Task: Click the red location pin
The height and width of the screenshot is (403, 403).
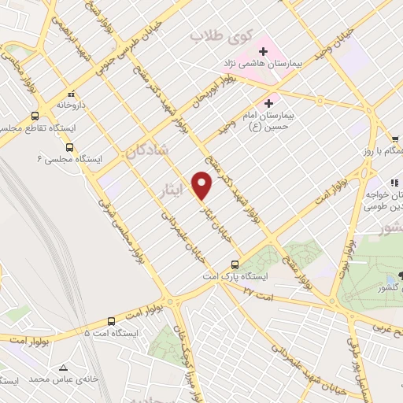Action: pos(203,186)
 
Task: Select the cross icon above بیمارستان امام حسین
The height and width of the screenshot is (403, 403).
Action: pos(269,102)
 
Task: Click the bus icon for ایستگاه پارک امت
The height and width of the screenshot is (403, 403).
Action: pos(234,264)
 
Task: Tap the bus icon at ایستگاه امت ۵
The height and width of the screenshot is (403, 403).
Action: pos(111,321)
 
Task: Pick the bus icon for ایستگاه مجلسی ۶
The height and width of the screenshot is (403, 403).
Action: pos(70,146)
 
